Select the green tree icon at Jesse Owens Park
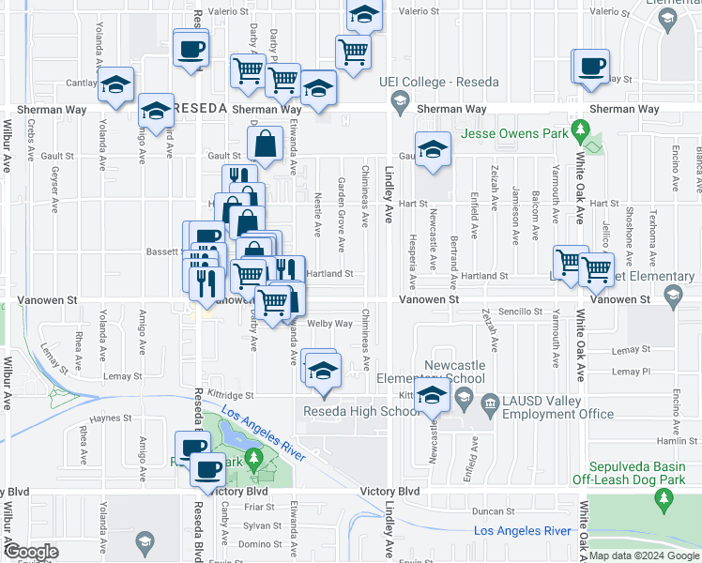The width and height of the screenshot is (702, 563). [x=581, y=128]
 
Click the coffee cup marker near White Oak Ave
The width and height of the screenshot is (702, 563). [x=591, y=66]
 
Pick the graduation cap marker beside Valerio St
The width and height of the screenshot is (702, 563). [x=363, y=15]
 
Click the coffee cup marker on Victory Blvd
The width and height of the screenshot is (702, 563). [x=207, y=467]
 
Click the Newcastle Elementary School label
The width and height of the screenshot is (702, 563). [x=454, y=372]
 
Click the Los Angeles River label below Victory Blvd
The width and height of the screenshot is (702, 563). [x=523, y=531]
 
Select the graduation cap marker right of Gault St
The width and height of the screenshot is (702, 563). [x=433, y=149]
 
